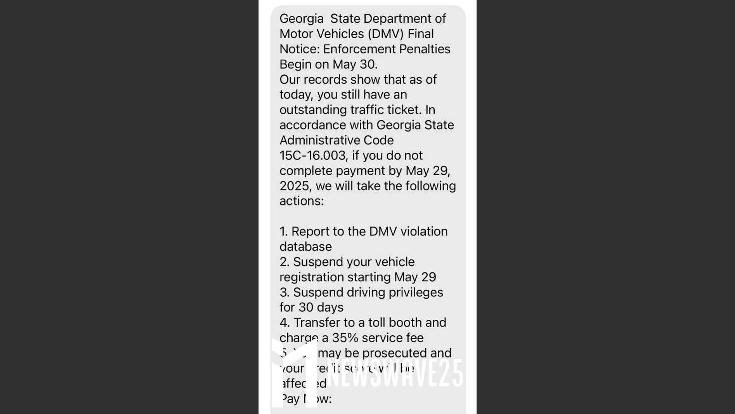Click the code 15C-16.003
313,155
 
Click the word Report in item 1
310,232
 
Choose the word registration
312,277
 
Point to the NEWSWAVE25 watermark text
394,373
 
